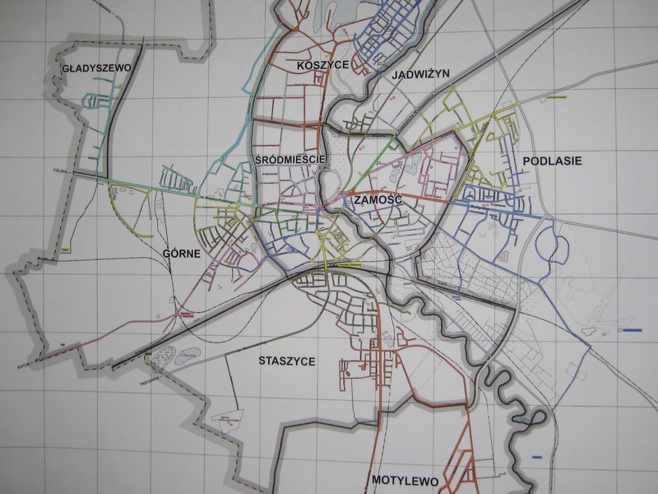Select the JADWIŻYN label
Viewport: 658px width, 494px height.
pyautogui.click(x=420, y=73)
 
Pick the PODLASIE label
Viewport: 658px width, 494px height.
pyautogui.click(x=551, y=161)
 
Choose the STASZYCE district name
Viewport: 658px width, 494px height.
pyautogui.click(x=286, y=361)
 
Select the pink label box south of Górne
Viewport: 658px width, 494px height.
pyautogui.click(x=187, y=315)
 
